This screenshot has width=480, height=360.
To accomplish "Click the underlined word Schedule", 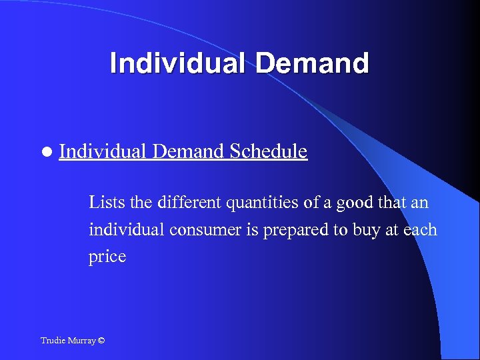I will point(268,152).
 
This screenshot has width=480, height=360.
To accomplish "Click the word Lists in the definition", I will point(104,201).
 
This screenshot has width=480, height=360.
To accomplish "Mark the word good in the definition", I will point(356,202).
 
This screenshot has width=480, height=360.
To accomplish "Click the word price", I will point(107,257).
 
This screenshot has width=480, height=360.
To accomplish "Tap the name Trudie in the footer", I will point(53,341).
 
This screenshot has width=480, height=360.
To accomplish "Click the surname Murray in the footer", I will point(81,341).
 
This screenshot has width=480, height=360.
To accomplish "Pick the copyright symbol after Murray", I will point(101,341).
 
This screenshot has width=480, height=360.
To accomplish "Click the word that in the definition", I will point(395,201).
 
